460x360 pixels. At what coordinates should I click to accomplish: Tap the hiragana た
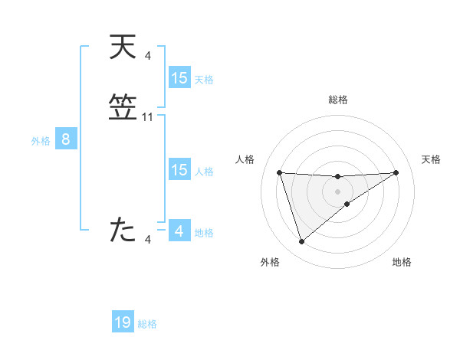tap(123, 230)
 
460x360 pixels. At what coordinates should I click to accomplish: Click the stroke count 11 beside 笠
tap(148, 117)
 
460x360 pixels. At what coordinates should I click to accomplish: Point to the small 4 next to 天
tap(147, 55)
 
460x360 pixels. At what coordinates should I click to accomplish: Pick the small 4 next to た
tap(147, 240)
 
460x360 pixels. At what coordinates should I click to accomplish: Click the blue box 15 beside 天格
tap(179, 78)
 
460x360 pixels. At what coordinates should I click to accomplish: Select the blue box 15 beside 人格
tap(179, 170)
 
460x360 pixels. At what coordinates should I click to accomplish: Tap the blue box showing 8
tap(66, 139)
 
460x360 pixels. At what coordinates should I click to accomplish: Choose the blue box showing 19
tap(123, 322)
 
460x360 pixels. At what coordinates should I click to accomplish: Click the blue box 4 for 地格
tap(179, 231)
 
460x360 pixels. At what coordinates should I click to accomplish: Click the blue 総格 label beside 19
tap(147, 324)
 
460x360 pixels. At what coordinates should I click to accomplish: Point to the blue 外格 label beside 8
tap(41, 141)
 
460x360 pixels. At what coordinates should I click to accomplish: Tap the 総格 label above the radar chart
tap(338, 100)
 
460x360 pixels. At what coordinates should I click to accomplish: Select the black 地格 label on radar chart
tap(402, 262)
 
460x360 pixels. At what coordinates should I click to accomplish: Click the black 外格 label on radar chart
tap(270, 262)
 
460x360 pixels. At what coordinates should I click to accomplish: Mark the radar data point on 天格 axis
tap(396, 172)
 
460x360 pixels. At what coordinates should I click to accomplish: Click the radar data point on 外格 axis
tap(301, 242)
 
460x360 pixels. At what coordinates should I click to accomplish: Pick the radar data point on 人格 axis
tap(279, 172)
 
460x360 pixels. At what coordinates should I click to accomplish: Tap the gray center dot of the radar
tap(337, 191)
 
